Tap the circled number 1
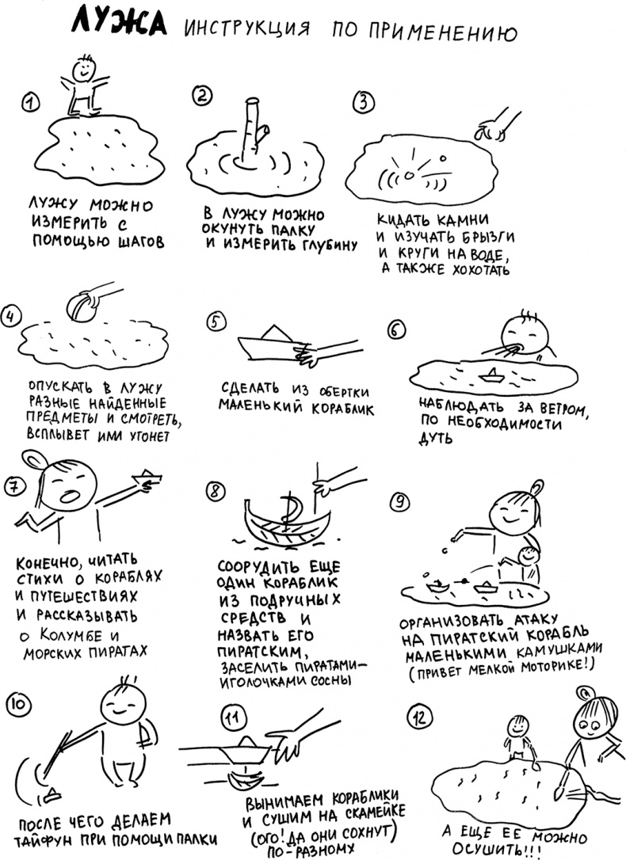31,102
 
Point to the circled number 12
420,717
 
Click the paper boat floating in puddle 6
492,375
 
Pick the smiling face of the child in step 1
82,68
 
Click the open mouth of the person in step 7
71,496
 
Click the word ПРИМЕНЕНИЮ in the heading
425,32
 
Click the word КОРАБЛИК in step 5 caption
343,409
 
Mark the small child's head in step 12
517,727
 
